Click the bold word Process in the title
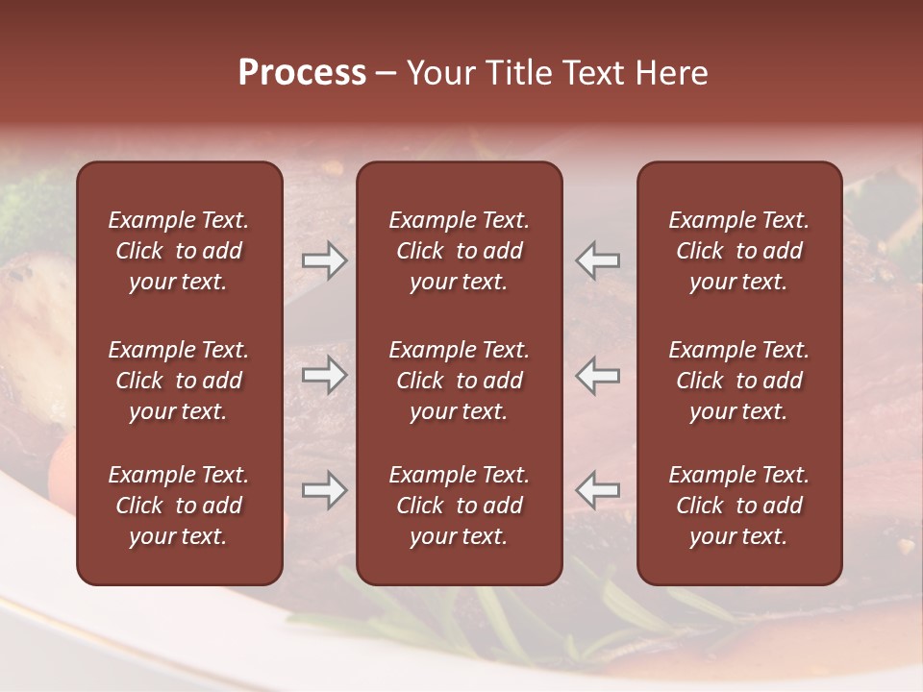tap(302, 73)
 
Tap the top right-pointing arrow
tap(324, 260)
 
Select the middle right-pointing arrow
tap(324, 375)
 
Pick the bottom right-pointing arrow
tap(324, 490)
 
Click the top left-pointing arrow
tap(597, 260)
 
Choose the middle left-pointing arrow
tap(597, 375)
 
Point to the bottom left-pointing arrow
tap(597, 490)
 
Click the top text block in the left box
tap(179, 251)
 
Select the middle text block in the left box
tap(179, 381)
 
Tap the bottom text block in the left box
tap(179, 506)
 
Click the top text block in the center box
tap(459, 251)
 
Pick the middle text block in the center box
tap(459, 381)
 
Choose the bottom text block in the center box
tap(459, 506)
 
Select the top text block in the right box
tap(738, 251)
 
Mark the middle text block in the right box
tap(738, 381)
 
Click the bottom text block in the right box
tap(738, 506)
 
